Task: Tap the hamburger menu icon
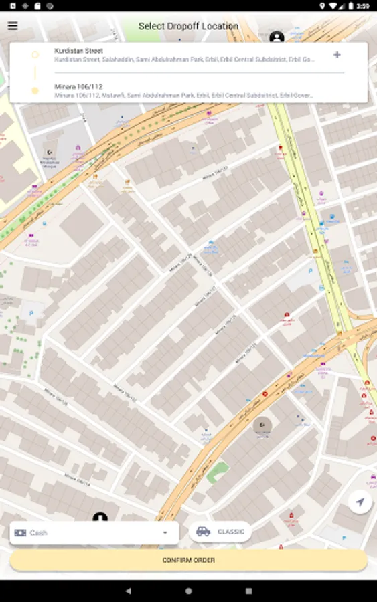[x=13, y=26]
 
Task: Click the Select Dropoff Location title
[x=188, y=27]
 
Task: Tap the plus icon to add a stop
[x=337, y=55]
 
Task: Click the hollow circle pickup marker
[x=35, y=55]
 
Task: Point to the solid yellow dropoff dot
[x=35, y=90]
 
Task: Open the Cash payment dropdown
[x=94, y=532]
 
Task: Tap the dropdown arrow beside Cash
[x=165, y=533]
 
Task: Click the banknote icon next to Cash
[x=21, y=533]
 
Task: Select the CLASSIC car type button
[x=220, y=532]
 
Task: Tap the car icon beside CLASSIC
[x=203, y=532]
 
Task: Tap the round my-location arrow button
[x=360, y=502]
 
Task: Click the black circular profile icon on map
[x=277, y=37]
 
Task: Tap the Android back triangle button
[x=128, y=591]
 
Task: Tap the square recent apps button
[x=248, y=591]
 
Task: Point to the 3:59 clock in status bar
[x=362, y=5]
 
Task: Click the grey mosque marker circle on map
[x=262, y=425]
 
